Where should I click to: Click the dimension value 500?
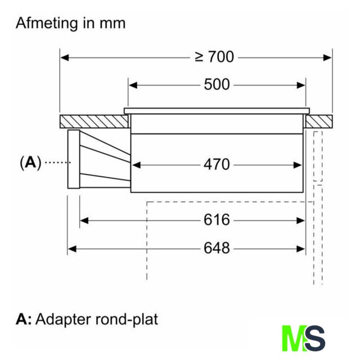point(217,85)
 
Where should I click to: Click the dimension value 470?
point(217,164)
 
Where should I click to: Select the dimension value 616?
point(217,220)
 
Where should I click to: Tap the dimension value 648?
point(217,247)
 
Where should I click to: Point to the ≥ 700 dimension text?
point(214,57)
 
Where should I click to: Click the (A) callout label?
point(30,163)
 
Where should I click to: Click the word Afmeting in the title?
point(46,24)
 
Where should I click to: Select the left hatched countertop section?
point(92,121)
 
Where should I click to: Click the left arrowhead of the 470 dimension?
point(135,164)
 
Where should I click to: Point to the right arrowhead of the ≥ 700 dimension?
point(328,57)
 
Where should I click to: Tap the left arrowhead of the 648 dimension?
point(71,247)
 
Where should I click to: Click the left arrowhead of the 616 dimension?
point(84,220)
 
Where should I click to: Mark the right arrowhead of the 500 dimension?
point(302,85)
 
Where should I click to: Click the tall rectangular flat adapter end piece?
point(74,159)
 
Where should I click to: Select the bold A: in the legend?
point(24,319)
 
